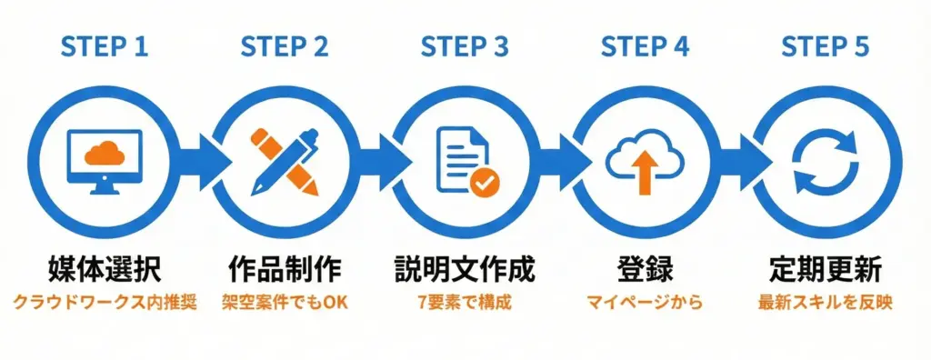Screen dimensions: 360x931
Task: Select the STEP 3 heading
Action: [465, 46]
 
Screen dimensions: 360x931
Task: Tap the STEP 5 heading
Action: [825, 46]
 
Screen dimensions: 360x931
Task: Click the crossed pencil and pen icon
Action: [285, 162]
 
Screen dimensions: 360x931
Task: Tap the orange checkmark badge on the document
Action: [483, 182]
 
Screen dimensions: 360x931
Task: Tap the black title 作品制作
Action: [285, 270]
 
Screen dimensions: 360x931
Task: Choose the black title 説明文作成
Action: [465, 270]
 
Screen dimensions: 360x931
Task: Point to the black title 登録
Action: [645, 270]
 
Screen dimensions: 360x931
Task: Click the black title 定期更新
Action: [825, 270]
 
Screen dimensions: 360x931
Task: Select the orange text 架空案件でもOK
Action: [285, 302]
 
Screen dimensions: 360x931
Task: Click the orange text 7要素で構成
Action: [465, 302]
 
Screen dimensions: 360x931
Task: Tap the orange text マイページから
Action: [645, 302]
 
